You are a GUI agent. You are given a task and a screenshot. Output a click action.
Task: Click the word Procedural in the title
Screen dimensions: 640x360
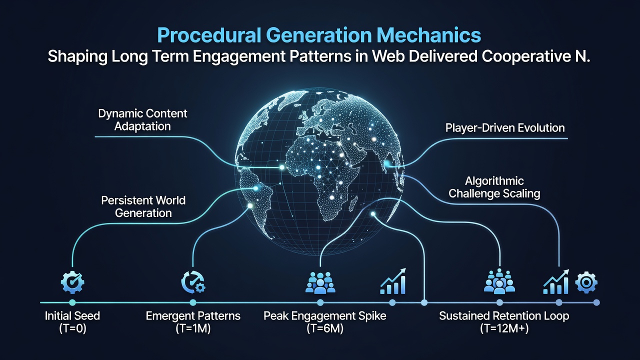pos(209,35)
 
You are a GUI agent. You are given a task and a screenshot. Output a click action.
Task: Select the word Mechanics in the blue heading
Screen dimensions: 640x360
pos(429,35)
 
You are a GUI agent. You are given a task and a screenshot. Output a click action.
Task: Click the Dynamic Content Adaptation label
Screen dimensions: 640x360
pos(142,119)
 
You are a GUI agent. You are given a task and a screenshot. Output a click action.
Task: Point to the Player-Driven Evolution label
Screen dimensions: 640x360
pos(505,127)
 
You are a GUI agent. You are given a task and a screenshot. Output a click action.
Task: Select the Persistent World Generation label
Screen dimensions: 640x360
pos(143,206)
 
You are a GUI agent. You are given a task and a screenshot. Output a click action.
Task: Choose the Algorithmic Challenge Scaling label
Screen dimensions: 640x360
pos(494,187)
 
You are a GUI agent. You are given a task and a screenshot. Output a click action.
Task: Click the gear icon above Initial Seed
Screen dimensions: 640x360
pos(72,282)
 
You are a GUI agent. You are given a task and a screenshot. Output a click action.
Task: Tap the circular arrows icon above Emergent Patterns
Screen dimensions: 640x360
pos(193,282)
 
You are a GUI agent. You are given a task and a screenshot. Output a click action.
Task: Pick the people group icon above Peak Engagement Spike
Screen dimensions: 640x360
pos(320,282)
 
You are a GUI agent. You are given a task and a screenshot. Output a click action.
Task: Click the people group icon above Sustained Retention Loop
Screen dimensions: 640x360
pos(499,281)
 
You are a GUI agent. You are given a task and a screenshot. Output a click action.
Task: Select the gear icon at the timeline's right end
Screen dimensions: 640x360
pos(586,282)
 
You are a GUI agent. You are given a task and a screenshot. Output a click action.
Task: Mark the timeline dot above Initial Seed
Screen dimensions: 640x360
pos(72,302)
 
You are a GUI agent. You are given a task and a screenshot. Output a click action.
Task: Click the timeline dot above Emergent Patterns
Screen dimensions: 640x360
pos(193,302)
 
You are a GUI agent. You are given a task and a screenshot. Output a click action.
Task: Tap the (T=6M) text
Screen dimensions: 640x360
pos(325,328)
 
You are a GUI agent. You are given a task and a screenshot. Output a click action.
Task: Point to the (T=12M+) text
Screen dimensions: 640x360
pos(504,328)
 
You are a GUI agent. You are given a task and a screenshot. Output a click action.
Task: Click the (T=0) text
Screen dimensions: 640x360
pos(72,328)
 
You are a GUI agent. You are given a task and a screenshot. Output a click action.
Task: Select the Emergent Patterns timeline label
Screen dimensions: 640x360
pos(193,316)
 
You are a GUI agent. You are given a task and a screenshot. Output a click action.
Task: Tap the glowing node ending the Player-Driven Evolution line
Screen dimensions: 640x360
pos(387,163)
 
